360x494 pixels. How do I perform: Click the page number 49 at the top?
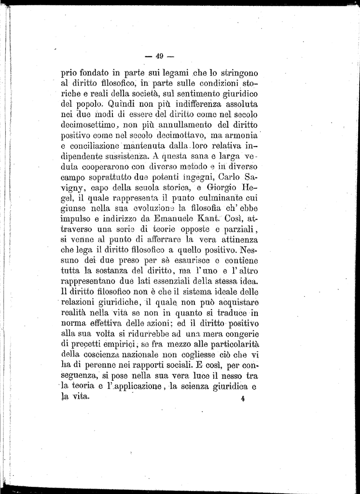(161, 55)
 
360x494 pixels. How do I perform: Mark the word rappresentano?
(93, 282)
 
